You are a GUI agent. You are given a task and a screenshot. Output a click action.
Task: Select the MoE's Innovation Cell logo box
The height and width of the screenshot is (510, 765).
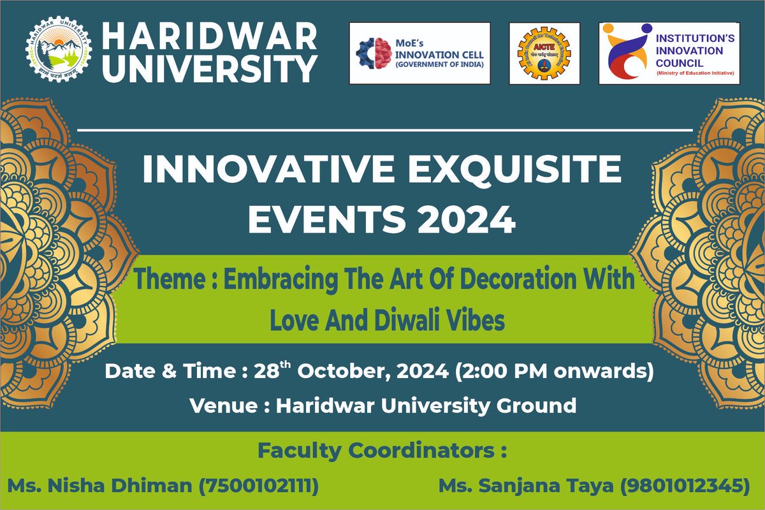point(419,53)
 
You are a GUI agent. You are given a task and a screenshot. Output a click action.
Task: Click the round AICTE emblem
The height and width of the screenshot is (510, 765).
point(544,54)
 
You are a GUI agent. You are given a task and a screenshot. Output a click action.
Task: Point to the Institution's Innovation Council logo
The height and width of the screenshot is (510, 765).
point(668,54)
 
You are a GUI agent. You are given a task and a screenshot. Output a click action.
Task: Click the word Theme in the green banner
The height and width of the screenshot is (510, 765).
point(164,280)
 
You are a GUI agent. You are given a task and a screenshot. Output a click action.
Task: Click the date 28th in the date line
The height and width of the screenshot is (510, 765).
point(273,372)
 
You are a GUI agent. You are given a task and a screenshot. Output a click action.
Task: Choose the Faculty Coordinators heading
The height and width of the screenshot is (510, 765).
point(382,451)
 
